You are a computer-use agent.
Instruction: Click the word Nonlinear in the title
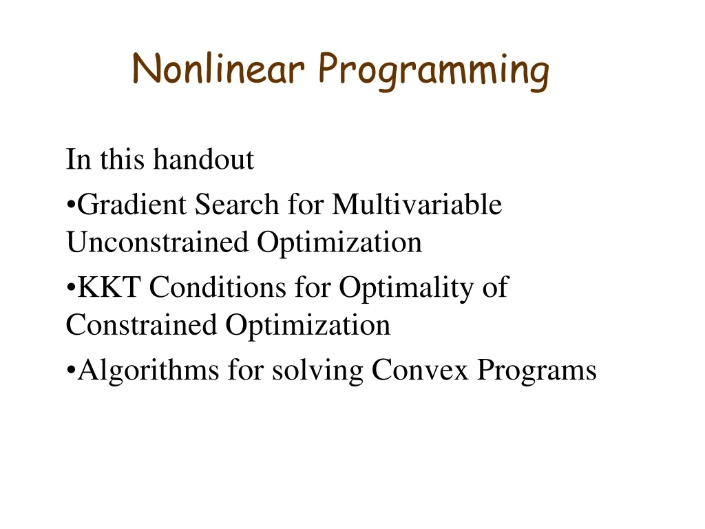point(218,69)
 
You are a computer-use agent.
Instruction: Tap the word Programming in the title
point(434,72)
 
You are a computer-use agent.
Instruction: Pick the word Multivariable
point(417,205)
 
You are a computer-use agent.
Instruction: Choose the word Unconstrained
point(158,242)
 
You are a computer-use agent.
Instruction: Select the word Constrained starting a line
point(141,325)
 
